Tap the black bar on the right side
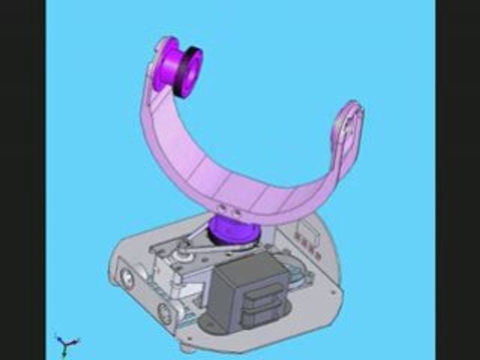pos(457,180)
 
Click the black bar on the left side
pos(22,180)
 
